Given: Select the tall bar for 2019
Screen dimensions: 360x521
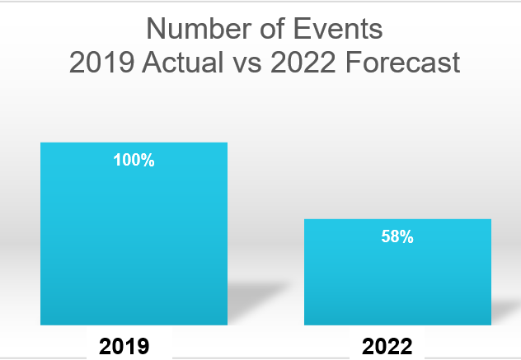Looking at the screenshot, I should (x=134, y=239).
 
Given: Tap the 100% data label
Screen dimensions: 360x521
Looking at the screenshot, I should (x=134, y=161).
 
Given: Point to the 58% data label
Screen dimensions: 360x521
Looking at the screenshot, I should (x=397, y=237).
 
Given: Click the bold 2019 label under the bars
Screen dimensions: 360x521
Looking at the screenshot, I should (x=124, y=346).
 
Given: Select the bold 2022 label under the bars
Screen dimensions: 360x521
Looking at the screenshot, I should (x=387, y=346).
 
